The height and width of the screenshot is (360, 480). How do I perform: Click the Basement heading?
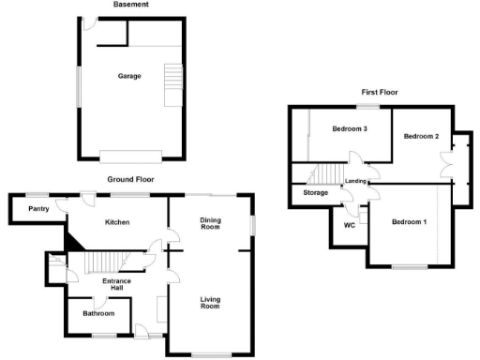pos(130,5)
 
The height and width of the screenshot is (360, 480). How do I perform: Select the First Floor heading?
pos(382,93)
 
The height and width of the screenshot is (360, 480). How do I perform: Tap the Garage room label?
pos(129,76)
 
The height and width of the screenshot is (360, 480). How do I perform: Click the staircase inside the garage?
pos(171,77)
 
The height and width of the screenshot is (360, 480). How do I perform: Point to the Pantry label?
pos(38,209)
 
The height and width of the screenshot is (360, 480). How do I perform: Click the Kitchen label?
pos(116,222)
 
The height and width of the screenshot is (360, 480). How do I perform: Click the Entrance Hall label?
pos(116,284)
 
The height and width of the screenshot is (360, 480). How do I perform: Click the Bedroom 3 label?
pos(349,128)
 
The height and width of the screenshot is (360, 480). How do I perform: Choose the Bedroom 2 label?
pos(421,137)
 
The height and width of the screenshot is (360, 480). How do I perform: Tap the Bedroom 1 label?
pos(409,221)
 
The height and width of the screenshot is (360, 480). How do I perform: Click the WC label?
pos(349,225)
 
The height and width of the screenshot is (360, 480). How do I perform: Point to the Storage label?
pos(316,193)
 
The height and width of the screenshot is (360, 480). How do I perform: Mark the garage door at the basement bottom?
pos(131,156)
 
